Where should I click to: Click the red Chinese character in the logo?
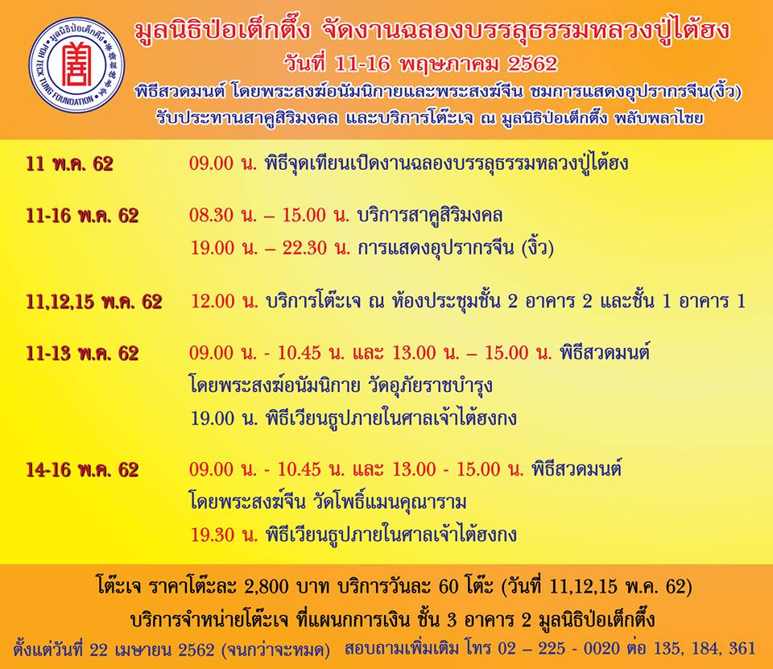pyautogui.click(x=77, y=64)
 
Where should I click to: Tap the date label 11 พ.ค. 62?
pyautogui.click(x=69, y=164)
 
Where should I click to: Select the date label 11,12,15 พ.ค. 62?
pyautogui.click(x=94, y=302)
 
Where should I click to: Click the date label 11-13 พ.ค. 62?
pyautogui.click(x=82, y=353)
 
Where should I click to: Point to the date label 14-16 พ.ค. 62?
pyautogui.click(x=82, y=470)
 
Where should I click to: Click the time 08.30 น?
pyautogui.click(x=223, y=216)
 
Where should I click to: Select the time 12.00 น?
pyautogui.click(x=225, y=302)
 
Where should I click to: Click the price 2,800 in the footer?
pyautogui.click(x=267, y=587)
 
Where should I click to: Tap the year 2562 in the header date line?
pyautogui.click(x=532, y=64)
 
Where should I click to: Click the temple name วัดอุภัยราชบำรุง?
pyautogui.click(x=430, y=385)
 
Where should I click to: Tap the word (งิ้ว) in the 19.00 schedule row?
pyautogui.click(x=538, y=247)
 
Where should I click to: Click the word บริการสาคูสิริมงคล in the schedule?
pyautogui.click(x=430, y=216)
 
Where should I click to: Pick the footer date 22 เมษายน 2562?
pyautogui.click(x=152, y=650)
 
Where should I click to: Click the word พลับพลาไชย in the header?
pyautogui.click(x=659, y=118)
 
